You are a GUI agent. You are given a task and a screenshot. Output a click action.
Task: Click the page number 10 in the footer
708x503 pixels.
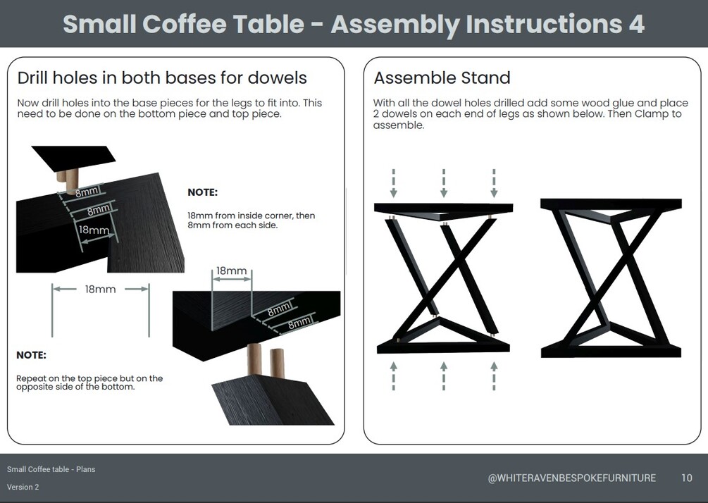tap(686, 478)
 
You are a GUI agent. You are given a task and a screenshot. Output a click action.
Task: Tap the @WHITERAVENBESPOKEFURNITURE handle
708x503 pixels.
tap(571, 478)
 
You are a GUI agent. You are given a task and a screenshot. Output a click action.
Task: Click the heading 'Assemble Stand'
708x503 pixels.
tap(442, 78)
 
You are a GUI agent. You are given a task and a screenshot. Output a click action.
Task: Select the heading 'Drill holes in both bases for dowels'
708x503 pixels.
tap(162, 78)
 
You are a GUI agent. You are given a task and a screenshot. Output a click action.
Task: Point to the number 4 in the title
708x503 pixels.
tap(636, 23)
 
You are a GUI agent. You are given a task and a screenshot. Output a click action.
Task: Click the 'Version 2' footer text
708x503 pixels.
tap(23, 487)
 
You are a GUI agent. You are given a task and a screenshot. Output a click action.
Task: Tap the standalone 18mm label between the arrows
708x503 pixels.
tap(100, 289)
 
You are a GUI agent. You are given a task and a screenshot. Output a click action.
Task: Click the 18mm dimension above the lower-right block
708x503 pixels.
tap(231, 271)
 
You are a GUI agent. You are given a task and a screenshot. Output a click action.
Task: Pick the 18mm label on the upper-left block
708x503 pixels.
tap(94, 230)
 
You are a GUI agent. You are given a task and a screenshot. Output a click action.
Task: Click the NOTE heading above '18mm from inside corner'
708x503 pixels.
tap(202, 192)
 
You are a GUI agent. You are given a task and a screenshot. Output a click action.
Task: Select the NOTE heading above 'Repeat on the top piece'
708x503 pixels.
tap(31, 355)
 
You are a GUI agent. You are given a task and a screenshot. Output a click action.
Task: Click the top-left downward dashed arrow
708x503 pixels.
tap(394, 183)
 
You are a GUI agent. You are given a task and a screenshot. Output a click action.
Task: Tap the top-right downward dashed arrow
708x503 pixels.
tap(494, 183)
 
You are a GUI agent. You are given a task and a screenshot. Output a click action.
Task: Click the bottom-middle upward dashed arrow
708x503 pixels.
tap(444, 375)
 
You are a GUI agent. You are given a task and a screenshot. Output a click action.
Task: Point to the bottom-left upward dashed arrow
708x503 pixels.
tap(394, 375)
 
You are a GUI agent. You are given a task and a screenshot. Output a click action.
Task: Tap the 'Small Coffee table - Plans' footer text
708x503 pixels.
tap(51, 469)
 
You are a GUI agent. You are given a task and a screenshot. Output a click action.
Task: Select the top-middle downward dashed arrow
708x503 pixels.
tap(444, 183)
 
